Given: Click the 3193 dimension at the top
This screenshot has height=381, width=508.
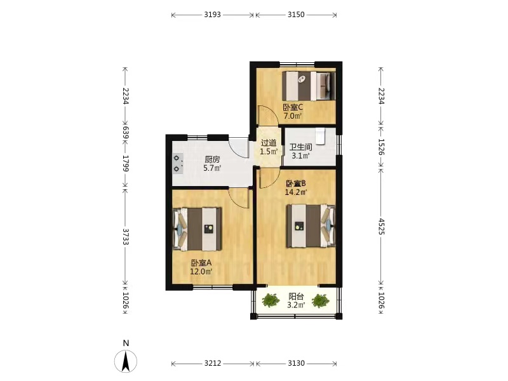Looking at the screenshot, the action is [x=213, y=15].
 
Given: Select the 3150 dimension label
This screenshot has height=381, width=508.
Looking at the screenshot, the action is [x=296, y=15].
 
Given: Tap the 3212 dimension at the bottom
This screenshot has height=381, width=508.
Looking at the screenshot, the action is [x=213, y=363].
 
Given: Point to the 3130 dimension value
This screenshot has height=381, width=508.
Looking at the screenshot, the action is [x=296, y=363].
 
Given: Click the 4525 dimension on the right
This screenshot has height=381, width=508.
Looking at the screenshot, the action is [x=382, y=226].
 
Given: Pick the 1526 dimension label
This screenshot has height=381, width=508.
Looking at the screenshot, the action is [x=382, y=147].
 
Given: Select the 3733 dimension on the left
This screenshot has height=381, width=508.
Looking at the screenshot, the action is [x=125, y=237].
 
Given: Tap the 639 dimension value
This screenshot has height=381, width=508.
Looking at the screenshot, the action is [x=125, y=132].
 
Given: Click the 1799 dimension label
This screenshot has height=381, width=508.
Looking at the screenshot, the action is [x=125, y=163].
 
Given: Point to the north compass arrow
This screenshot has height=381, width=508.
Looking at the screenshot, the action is [x=126, y=361].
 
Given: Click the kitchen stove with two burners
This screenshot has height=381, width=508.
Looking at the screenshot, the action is [x=178, y=164].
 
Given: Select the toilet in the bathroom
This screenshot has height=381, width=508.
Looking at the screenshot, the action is [x=320, y=135].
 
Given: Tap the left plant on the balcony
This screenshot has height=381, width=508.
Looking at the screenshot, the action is [x=271, y=300].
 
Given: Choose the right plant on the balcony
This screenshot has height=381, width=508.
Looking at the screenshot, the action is [x=321, y=300].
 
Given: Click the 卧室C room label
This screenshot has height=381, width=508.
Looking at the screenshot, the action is [x=293, y=107].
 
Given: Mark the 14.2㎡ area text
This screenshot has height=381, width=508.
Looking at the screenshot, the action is [x=296, y=192].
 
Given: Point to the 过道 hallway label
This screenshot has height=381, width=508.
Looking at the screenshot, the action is [x=269, y=142].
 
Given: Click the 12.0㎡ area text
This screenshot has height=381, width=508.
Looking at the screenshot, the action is [x=201, y=272].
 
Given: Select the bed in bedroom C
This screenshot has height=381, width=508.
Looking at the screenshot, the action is [x=309, y=86].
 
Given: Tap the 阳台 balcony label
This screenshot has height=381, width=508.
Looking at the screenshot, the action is [x=296, y=297].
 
